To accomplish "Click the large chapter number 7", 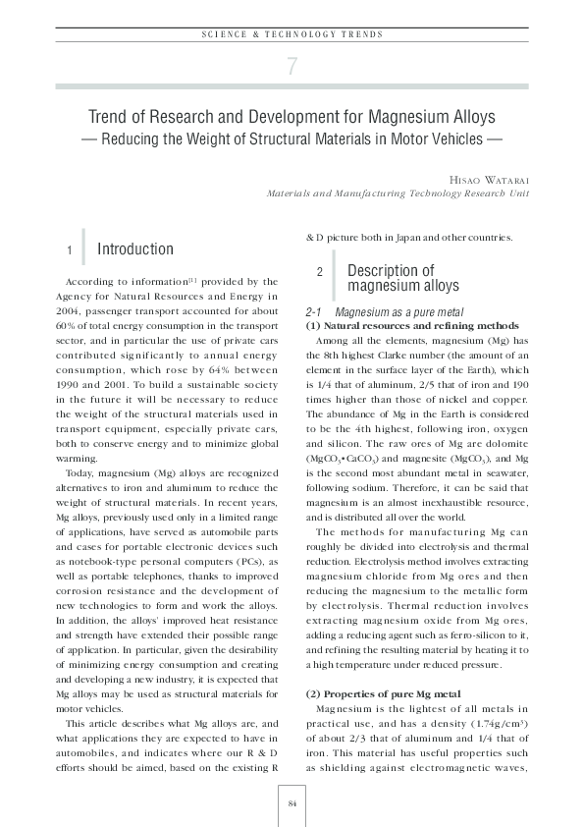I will pyautogui.click(x=292, y=67).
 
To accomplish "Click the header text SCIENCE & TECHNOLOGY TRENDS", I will pyautogui.click(x=292, y=34).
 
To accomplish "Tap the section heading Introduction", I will pyautogui.click(x=135, y=249).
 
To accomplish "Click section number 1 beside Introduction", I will pyautogui.click(x=69, y=251).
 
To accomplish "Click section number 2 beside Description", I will pyautogui.click(x=320, y=272).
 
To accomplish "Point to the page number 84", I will pyautogui.click(x=292, y=803).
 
